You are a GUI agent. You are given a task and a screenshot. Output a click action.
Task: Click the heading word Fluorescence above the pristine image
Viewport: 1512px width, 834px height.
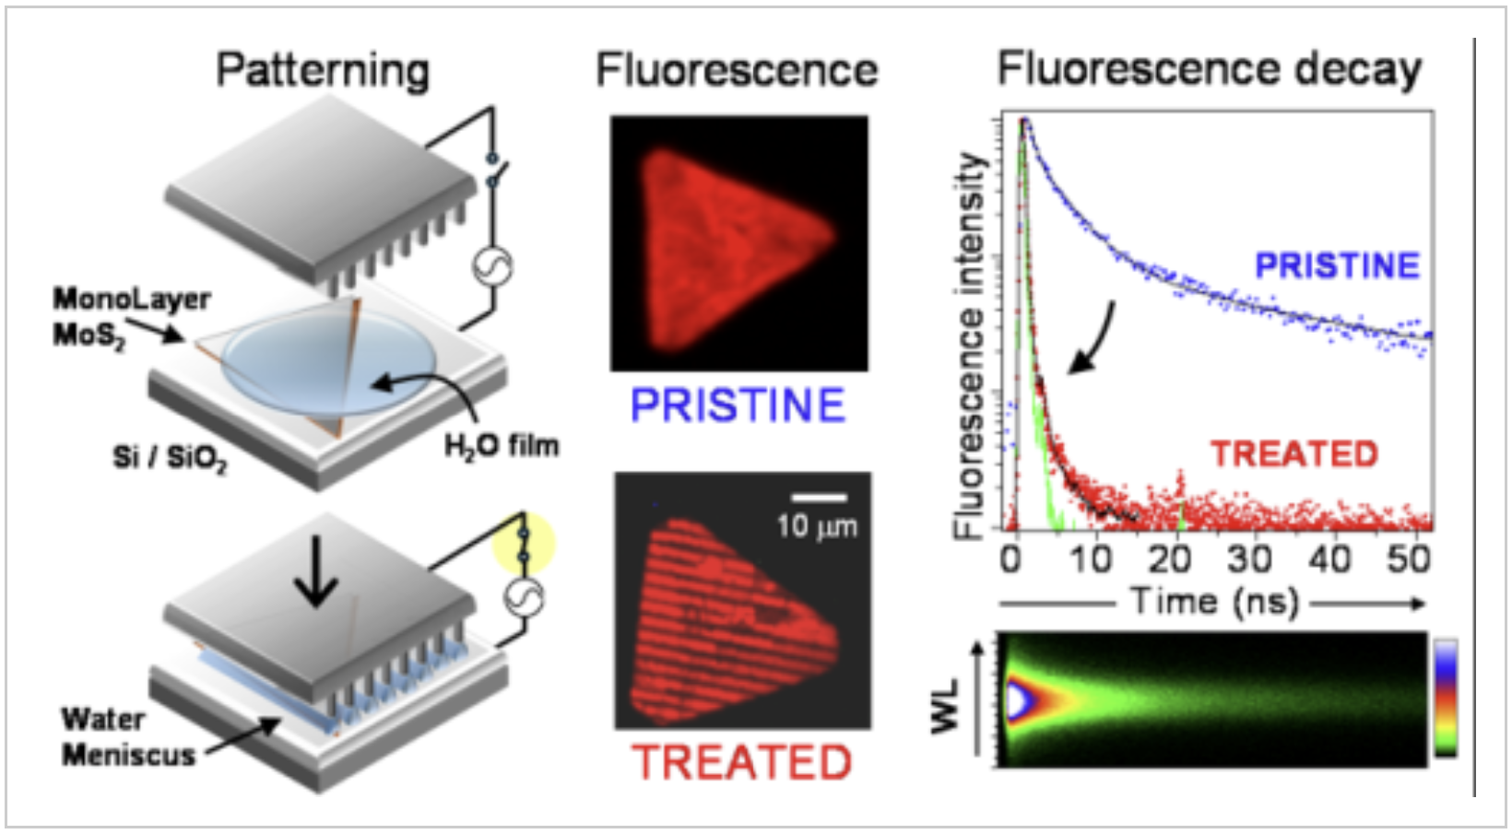(x=738, y=70)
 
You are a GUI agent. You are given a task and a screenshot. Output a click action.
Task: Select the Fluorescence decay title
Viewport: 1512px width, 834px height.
(x=1210, y=70)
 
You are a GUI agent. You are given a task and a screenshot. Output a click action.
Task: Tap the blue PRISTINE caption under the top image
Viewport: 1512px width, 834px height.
(x=738, y=405)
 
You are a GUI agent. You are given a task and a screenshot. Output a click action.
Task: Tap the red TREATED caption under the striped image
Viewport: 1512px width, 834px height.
(x=742, y=762)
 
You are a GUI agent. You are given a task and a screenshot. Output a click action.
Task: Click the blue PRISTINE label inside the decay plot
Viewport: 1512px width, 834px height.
(x=1338, y=265)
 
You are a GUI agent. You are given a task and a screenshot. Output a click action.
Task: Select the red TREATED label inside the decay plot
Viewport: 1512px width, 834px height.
(x=1294, y=454)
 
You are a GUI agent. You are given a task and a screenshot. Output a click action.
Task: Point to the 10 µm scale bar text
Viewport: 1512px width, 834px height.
(x=817, y=526)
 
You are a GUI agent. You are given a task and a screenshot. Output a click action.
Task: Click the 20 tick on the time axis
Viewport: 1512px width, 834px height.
(x=1170, y=559)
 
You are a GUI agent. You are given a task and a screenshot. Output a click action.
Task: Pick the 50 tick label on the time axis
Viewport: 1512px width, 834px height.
(x=1409, y=559)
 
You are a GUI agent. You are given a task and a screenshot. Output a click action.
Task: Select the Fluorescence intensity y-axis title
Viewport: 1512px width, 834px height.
(x=970, y=346)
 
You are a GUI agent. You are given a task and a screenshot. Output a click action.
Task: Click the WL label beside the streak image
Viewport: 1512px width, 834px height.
(x=945, y=707)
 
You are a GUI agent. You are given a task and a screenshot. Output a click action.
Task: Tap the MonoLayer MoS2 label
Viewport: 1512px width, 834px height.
(x=132, y=317)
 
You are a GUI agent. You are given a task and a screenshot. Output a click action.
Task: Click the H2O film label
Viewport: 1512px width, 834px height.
(x=502, y=447)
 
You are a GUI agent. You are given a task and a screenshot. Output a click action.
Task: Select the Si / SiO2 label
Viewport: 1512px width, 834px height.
(x=170, y=459)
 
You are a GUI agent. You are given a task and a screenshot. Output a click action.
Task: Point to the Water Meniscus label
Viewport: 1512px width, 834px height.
(x=128, y=737)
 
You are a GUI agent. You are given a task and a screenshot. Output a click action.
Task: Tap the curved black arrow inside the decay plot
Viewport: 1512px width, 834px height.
(x=1099, y=341)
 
